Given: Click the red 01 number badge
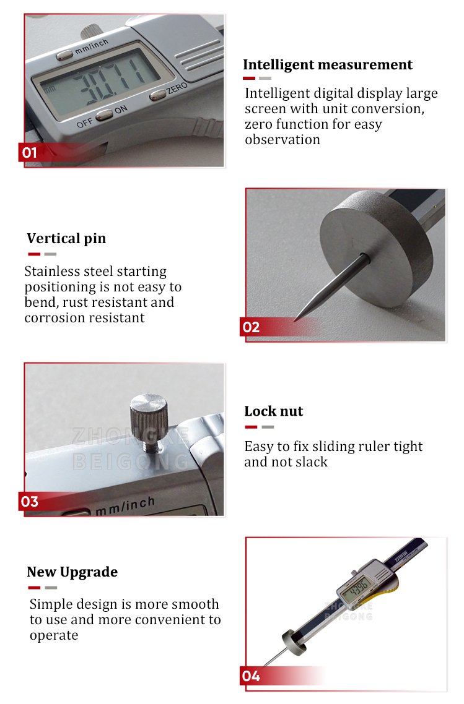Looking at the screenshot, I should coord(30,152).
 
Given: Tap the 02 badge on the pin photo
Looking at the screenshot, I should coord(251,327).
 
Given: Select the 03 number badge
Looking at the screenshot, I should coord(30,501).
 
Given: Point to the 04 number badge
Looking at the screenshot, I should coord(251,676).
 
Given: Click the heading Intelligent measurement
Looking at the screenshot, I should coord(327,65).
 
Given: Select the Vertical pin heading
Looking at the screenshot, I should coord(66,239).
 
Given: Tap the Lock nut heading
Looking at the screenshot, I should coord(273,411).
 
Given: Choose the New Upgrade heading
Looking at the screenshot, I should coord(72,572).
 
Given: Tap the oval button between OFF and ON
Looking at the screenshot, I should coord(103,114).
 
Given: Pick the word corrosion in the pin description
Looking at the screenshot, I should coord(54,318).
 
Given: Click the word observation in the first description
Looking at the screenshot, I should coord(282,140).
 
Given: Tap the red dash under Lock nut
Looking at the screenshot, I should coord(251,427).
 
